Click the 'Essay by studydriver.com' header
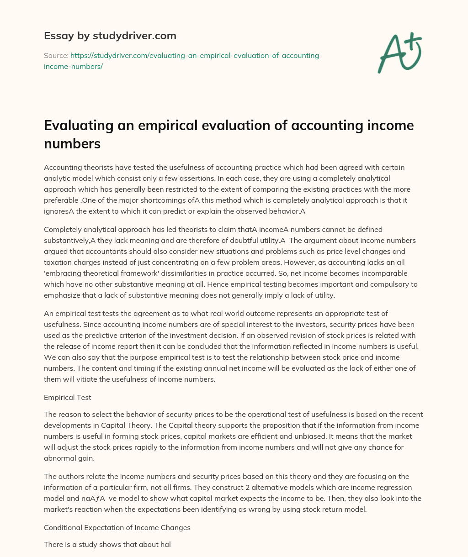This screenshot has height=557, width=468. click(x=110, y=35)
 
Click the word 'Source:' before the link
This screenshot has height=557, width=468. click(x=56, y=55)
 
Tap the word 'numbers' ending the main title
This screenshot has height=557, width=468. click(x=72, y=144)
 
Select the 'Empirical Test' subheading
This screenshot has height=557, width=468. click(x=67, y=397)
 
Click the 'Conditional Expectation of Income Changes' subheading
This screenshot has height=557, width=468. click(x=117, y=527)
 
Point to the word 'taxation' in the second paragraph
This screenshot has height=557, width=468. click(x=58, y=263)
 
